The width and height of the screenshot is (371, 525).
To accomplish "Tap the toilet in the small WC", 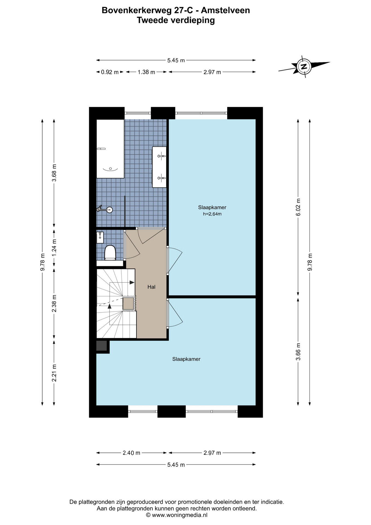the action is click(x=110, y=253).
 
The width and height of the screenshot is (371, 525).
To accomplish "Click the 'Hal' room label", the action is click(x=151, y=287).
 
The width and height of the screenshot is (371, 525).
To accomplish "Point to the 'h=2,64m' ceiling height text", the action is click(x=212, y=214).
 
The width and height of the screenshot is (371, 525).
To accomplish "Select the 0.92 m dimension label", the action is click(x=110, y=72).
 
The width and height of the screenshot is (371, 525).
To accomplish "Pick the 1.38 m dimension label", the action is click(x=146, y=72).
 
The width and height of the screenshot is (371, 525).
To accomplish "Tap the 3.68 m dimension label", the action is click(x=54, y=173).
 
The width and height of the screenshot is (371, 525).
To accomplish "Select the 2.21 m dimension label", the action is click(x=54, y=373).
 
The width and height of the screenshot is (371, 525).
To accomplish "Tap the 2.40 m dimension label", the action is click(x=131, y=453).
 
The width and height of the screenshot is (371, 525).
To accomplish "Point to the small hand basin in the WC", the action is click(x=100, y=237).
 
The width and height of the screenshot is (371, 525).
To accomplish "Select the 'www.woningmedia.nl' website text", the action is click(x=179, y=515).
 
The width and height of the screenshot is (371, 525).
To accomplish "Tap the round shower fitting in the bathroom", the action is click(x=110, y=210).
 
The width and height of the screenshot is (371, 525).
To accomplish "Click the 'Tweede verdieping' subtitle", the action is click(x=176, y=20).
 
